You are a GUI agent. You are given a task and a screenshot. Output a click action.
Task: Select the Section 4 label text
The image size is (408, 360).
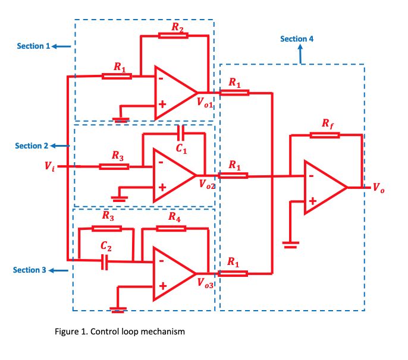[x=297, y=39]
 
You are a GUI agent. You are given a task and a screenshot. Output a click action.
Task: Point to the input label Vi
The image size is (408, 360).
[x=49, y=167]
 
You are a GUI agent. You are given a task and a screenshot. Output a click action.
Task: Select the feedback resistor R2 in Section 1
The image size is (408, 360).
[x=174, y=36]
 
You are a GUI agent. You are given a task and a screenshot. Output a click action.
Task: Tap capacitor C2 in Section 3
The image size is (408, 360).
[x=105, y=260]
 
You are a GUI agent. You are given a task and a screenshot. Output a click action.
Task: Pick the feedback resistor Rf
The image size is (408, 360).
[x=325, y=135]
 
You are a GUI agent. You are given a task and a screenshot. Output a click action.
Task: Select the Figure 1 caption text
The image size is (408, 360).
[x=120, y=331]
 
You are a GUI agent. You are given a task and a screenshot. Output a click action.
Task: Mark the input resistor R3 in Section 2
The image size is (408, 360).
[x=114, y=166]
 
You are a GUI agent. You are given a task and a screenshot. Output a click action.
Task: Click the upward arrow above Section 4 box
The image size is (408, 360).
[x=301, y=55]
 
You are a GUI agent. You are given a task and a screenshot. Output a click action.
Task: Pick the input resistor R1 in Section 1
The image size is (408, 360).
[x=117, y=76]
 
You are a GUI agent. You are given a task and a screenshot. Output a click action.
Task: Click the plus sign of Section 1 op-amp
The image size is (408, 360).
[x=161, y=105]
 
